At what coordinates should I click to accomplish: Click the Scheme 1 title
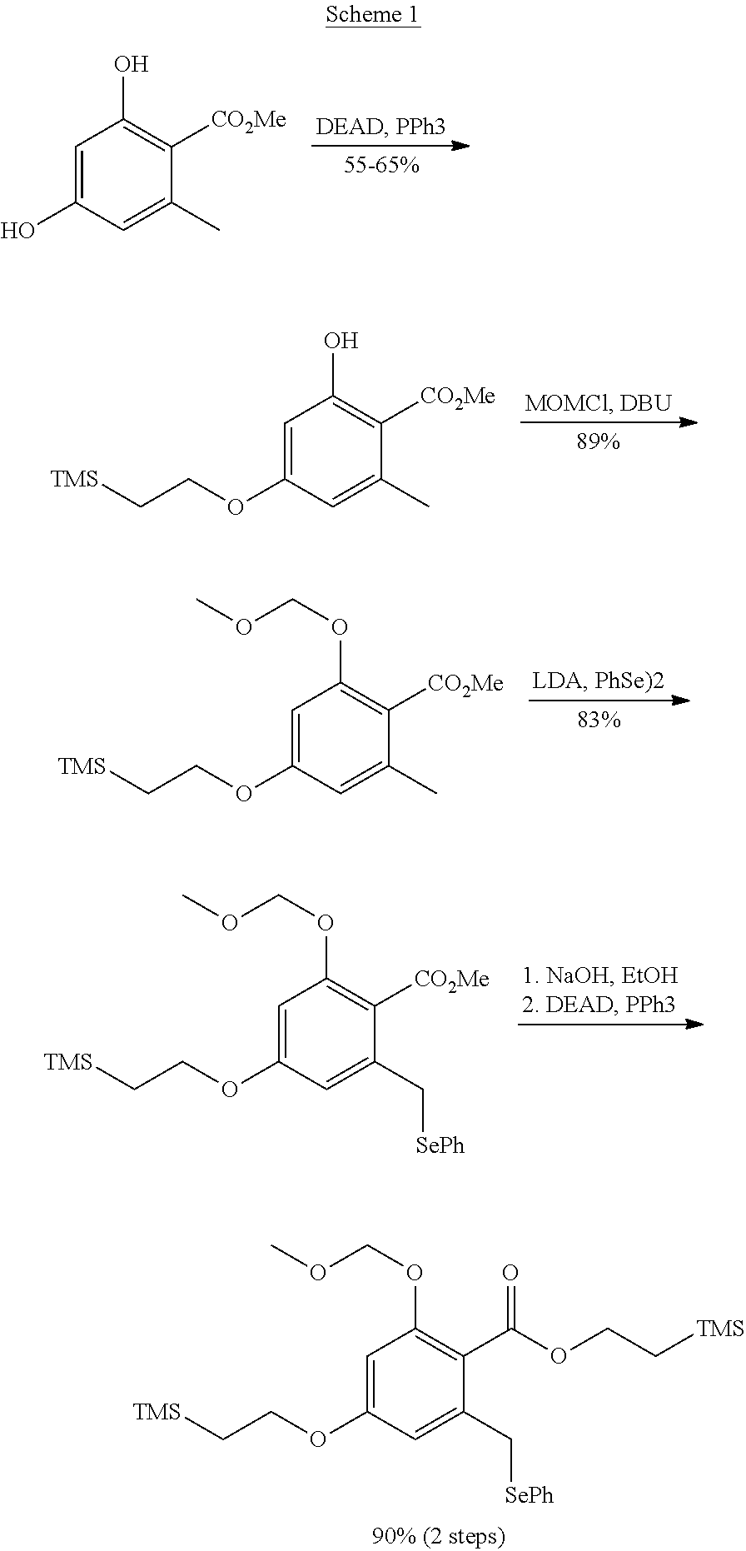click(x=372, y=15)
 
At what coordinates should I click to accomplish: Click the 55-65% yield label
click(x=381, y=165)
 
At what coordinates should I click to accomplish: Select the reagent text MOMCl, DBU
click(x=598, y=404)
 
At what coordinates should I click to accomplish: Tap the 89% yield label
click(x=598, y=441)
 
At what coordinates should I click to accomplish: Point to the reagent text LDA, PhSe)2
click(x=598, y=681)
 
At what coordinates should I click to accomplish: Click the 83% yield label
click(x=599, y=719)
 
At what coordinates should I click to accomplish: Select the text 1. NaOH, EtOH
click(x=599, y=975)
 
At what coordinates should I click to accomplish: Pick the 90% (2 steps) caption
click(x=439, y=1535)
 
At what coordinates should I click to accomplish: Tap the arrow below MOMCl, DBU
click(x=609, y=422)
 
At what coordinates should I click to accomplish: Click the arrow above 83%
click(x=609, y=701)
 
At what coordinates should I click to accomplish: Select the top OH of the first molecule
click(x=132, y=64)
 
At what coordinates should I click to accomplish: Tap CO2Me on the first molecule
click(x=248, y=121)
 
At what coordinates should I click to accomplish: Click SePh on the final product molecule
click(x=530, y=1494)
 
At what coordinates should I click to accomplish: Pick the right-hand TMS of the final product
click(x=720, y=1328)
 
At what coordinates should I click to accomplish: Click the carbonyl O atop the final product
click(x=510, y=1273)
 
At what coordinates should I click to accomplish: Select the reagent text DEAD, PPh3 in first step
click(x=380, y=127)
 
